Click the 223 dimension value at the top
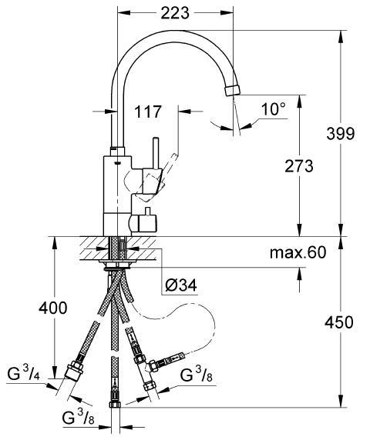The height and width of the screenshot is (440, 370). tap(175, 12)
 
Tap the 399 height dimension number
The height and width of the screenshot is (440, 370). tap(341, 134)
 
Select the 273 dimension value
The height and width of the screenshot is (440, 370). tap(299, 166)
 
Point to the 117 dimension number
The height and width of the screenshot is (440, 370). tap(147, 112)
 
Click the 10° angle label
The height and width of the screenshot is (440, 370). tap(274, 109)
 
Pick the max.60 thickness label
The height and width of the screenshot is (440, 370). tap(298, 252)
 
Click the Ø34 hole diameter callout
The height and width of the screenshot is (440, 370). tap(181, 285)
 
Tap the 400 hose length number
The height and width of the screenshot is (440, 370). tap(53, 308)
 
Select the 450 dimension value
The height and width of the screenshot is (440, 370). tap(339, 322)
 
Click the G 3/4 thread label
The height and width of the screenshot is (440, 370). tap(24, 374)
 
